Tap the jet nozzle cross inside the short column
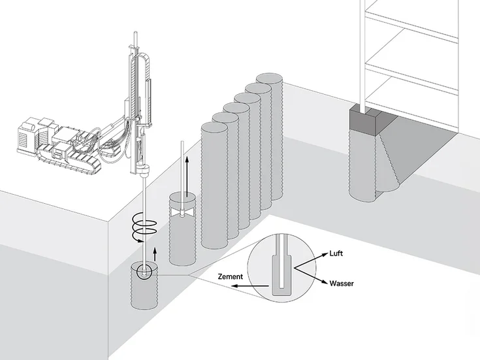[182, 212]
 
